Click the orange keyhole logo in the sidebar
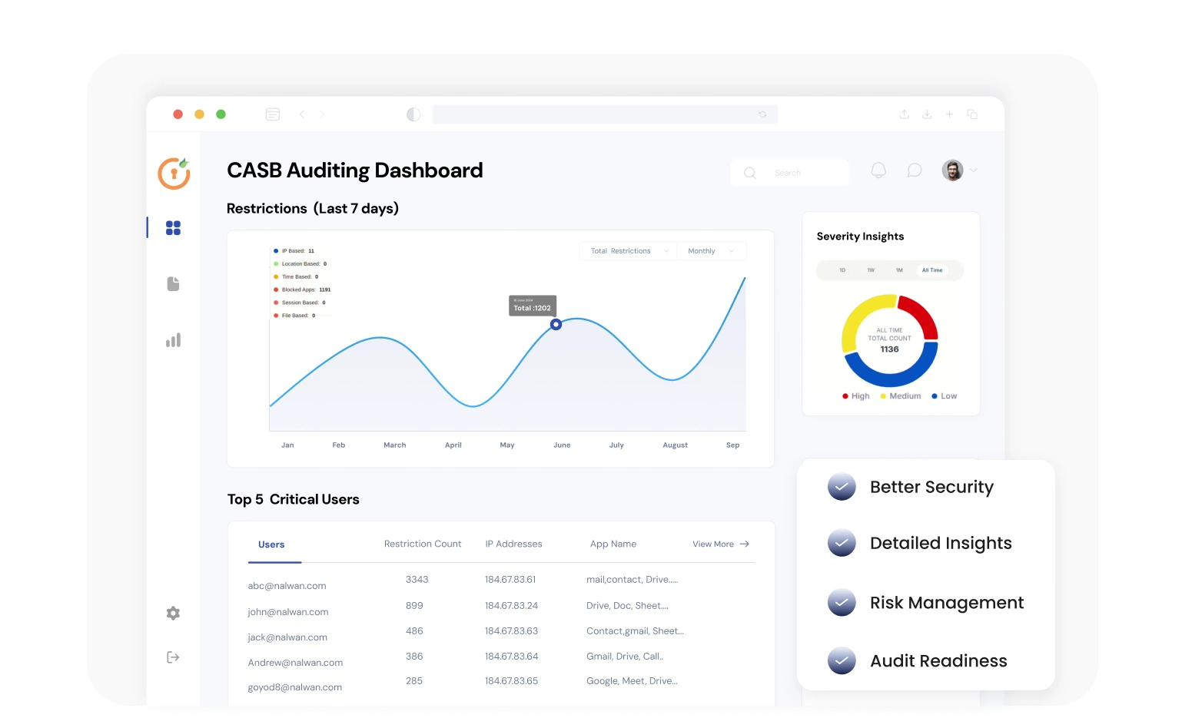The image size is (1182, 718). coord(174,174)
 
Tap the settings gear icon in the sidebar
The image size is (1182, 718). coord(173,613)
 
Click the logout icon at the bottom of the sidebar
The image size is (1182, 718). coord(173,657)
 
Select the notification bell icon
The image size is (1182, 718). coord(878,170)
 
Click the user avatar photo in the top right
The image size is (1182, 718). coord(952,170)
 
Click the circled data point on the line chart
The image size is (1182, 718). coord(556,325)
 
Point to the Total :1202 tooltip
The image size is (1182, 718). coord(532,306)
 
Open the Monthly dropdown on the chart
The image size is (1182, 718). coord(710,251)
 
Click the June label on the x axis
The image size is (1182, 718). coord(562,445)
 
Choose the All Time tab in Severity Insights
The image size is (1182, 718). coord(931,270)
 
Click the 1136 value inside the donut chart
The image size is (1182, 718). coord(889,349)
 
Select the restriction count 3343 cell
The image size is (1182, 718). coord(417,580)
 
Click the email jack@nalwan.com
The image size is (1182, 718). coord(287,637)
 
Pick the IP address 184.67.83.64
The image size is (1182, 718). coord(511,657)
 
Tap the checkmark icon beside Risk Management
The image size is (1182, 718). coord(842,603)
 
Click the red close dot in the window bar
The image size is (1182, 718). coord(178,114)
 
